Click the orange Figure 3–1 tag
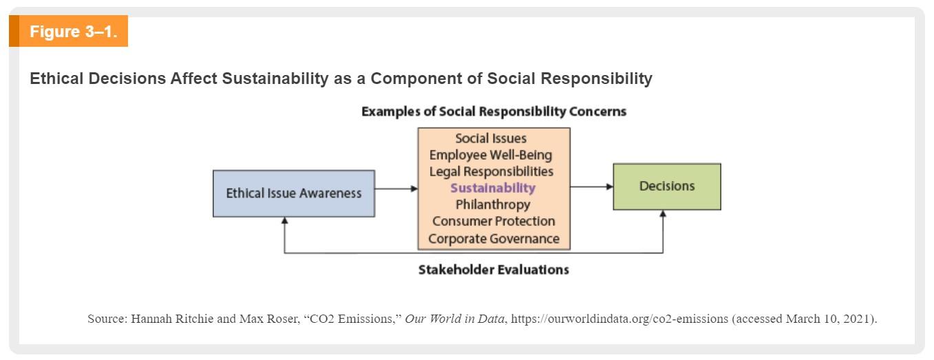pos(68,31)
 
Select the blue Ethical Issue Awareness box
pos(293,193)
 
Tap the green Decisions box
pos(667,187)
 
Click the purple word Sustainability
pos(493,188)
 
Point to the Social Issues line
pos(491,138)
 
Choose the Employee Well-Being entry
pos(491,155)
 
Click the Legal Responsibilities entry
pos(491,171)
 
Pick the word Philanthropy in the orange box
pos(493,205)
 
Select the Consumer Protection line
pos(493,221)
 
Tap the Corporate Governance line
pos(493,239)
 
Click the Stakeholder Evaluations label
pos(493,270)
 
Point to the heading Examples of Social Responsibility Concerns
pos(493,112)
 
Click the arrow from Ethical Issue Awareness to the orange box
pos(396,189)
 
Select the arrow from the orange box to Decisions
pos(591,187)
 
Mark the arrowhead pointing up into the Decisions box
pos(663,213)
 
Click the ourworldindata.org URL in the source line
pos(619,319)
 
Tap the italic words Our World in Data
pos(454,319)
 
